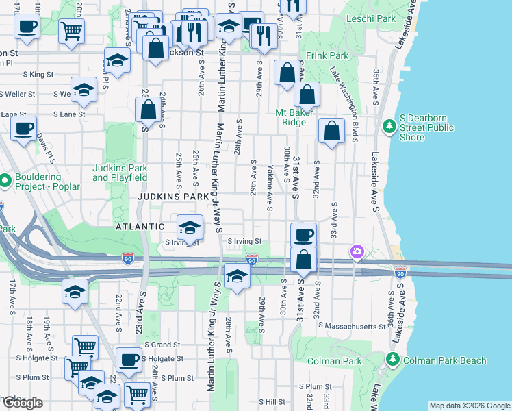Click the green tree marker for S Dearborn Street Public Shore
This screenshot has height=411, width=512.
pyautogui.click(x=389, y=127)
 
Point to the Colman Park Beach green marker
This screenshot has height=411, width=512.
pyautogui.click(x=392, y=359)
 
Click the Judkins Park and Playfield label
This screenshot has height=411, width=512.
pyautogui.click(x=120, y=173)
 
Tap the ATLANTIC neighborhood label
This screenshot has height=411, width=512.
pyautogui.click(x=140, y=226)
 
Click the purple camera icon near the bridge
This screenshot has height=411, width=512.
pyautogui.click(x=357, y=253)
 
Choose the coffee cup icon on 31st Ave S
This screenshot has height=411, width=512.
pyautogui.click(x=303, y=235)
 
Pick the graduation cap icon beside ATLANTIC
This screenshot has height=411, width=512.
pyautogui.click(x=190, y=227)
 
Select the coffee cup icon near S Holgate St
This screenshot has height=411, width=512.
pyautogui.click(x=128, y=360)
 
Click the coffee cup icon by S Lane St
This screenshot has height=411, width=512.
pyautogui.click(x=23, y=128)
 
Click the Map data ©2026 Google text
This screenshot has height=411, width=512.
pyautogui.click(x=469, y=406)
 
